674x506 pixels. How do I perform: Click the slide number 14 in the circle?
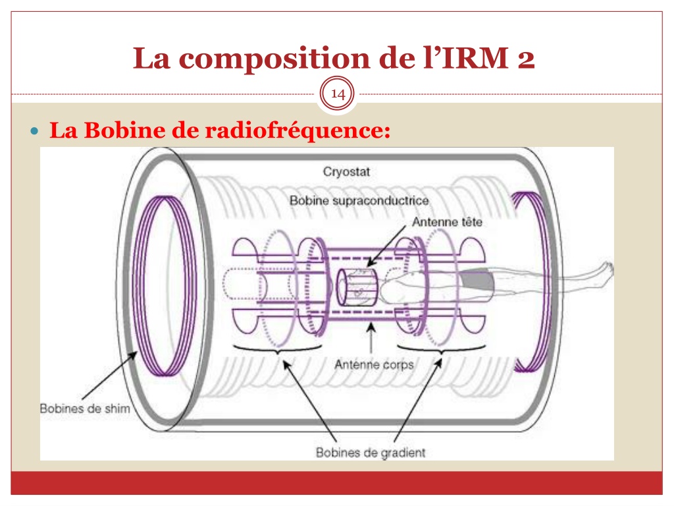[x=338, y=94]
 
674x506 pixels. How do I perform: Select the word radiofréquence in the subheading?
[x=298, y=130]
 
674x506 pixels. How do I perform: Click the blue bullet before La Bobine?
[x=35, y=130]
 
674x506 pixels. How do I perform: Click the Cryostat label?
[x=346, y=172]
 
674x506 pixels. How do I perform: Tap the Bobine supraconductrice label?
[x=359, y=200]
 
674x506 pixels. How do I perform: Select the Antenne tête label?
[x=447, y=222]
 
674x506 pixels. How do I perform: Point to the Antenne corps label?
[x=374, y=365]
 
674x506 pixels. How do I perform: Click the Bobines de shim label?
[x=85, y=408]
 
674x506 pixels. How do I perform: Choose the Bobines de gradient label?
[x=371, y=453]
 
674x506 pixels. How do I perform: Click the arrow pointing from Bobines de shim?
[x=110, y=376]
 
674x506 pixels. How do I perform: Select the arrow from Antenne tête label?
[x=386, y=245]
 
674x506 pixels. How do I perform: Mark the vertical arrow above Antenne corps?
[x=371, y=338]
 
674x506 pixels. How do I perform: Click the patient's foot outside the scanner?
[x=606, y=270]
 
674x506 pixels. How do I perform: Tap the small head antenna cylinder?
[x=357, y=287]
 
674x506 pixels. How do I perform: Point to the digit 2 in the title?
[x=526, y=58]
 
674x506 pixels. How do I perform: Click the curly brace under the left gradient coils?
[x=277, y=349]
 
